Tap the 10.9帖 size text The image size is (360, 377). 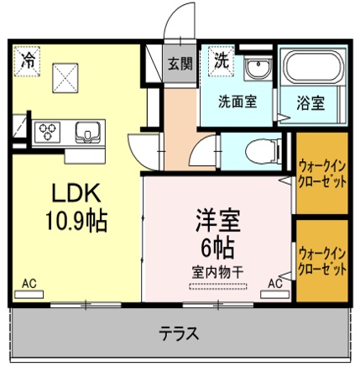(x=75, y=221)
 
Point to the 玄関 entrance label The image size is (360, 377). (x=178, y=63)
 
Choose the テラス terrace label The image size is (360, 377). (x=179, y=333)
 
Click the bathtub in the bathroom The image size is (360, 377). (x=312, y=70)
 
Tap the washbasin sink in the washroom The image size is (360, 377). (x=257, y=66)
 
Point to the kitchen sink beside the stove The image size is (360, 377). (x=88, y=132)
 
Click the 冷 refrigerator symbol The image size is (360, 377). (x=29, y=60)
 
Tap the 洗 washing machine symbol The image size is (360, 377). (x=221, y=60)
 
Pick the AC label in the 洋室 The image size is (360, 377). (x=275, y=283)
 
